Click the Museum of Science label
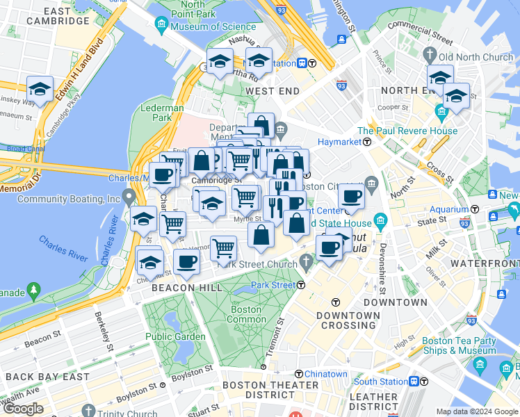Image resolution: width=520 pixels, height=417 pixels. tap(207, 26)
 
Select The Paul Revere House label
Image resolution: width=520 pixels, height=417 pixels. tap(407, 131)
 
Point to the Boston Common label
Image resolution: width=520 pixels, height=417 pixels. tap(246, 314)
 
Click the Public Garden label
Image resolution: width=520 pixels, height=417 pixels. tap(175, 337)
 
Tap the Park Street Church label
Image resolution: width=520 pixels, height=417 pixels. tap(258, 263)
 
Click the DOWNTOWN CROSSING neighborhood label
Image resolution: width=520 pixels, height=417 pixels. tap(348, 320)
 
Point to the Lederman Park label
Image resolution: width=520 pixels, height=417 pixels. tap(161, 113)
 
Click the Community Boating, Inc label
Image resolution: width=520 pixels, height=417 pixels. tap(68, 199)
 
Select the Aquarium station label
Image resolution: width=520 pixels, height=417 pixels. tap(448, 208)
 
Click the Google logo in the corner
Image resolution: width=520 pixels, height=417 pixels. tap(23, 409)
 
